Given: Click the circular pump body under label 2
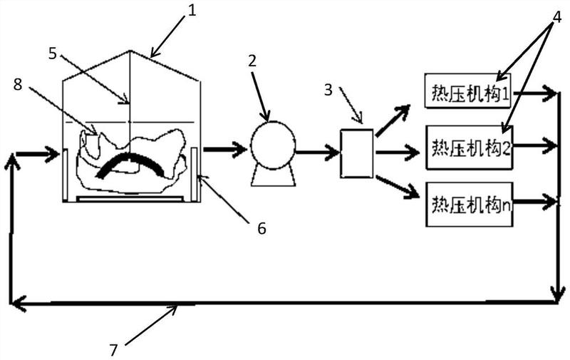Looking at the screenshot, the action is [273, 145].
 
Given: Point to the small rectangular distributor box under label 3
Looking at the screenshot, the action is [357, 153].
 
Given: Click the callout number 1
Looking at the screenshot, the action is [192, 10].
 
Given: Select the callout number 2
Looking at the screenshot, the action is [252, 61].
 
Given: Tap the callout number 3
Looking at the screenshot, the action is [328, 89].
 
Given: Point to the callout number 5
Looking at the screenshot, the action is [53, 53].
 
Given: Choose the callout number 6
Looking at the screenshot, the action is [261, 228].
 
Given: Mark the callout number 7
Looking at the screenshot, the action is [114, 350].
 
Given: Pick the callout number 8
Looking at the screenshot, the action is [18, 84].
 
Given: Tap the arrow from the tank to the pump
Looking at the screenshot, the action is [225, 148].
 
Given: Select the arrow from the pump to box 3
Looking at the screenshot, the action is [317, 152].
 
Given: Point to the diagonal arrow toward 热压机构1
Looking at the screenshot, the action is [393, 120].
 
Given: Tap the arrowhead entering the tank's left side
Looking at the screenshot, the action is [54, 154].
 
